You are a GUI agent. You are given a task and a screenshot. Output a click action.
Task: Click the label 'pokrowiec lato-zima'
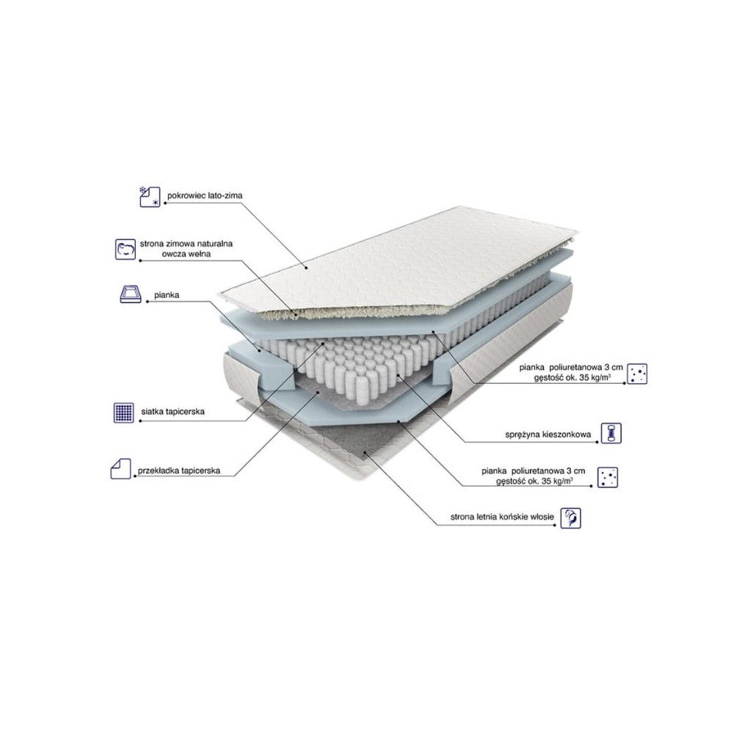point(205,195)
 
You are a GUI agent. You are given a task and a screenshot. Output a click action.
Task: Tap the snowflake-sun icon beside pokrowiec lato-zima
point(150,197)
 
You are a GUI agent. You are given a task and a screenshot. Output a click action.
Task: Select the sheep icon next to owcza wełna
point(126,249)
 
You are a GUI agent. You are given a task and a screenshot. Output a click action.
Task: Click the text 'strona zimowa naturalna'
point(186,244)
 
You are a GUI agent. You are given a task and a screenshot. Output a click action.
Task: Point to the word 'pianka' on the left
point(167,295)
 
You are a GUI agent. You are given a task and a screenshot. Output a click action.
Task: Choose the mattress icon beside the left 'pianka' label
point(131,294)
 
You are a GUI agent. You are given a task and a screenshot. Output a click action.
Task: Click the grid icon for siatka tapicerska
point(123,413)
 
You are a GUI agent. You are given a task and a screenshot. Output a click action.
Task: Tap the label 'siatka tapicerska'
point(172,412)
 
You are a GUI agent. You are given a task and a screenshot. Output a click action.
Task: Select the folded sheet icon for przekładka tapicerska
point(121,468)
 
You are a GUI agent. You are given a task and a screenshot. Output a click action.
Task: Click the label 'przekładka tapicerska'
point(179,470)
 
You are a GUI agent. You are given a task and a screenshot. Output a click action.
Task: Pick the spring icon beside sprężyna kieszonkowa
point(611,433)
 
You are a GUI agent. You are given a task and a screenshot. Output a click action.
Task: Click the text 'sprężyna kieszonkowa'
point(548,435)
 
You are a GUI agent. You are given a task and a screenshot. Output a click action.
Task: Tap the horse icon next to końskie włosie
point(570,518)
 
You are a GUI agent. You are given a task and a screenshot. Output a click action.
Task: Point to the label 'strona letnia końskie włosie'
point(502,517)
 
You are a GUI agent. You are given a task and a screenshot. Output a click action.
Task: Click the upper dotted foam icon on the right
point(637,374)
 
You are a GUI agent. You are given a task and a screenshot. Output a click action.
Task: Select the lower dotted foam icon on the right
point(608,478)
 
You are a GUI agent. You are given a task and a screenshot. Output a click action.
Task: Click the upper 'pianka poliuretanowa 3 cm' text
point(570,368)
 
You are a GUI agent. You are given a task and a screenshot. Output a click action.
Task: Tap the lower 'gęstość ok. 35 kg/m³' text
point(534,481)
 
